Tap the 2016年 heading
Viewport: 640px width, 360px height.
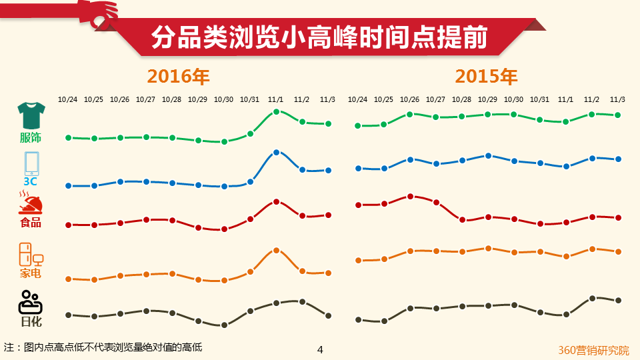point(178,77)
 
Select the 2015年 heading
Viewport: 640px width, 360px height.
point(486,77)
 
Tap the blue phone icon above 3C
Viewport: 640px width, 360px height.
point(31,163)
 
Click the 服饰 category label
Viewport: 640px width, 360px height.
point(31,138)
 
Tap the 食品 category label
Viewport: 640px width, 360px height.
point(31,223)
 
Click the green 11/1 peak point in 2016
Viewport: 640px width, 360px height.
point(276,112)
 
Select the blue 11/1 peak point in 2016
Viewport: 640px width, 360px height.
point(276,153)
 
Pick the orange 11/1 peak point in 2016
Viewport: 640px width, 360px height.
point(276,251)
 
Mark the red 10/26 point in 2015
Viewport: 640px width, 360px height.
point(410,196)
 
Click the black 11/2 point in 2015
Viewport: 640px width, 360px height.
point(592,298)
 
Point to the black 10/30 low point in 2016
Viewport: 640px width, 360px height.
point(224,325)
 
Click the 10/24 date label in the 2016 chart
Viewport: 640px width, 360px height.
point(68,99)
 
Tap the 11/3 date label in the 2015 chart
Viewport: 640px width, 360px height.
point(617,99)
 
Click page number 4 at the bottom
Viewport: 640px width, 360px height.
point(320,349)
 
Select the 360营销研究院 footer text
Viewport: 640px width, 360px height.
point(593,350)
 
